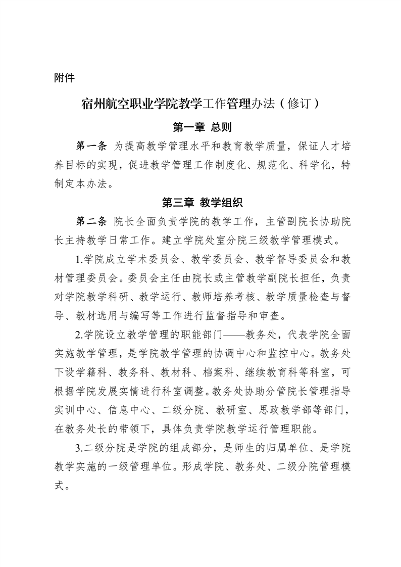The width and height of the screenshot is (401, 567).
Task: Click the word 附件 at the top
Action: point(64,78)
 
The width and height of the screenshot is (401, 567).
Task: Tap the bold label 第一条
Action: point(90,146)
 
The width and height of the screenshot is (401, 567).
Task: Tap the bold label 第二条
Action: point(90,222)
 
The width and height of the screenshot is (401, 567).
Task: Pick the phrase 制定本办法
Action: point(78,184)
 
